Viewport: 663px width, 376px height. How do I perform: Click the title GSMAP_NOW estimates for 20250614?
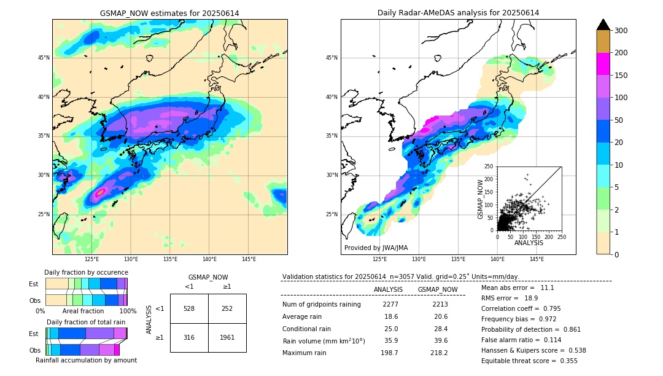pos(169,13)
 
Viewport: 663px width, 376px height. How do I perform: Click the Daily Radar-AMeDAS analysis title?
pos(458,13)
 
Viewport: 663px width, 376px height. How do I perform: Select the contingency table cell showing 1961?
pos(227,337)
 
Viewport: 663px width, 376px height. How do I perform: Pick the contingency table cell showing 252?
pos(227,308)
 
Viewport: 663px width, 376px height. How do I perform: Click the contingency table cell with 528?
pos(189,308)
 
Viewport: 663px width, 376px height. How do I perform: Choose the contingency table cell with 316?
pos(189,337)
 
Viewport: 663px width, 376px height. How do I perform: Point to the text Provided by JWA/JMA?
pos(376,248)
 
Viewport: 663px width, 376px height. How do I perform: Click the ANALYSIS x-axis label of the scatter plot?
pos(529,243)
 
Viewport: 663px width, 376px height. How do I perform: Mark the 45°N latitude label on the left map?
pos(44,58)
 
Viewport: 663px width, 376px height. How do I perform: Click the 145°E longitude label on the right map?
pos(537,259)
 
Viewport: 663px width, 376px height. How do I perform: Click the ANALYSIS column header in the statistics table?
pos(388,289)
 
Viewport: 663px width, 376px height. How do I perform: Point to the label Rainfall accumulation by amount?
pos(86,360)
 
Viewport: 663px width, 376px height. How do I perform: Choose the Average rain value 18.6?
pos(391,316)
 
